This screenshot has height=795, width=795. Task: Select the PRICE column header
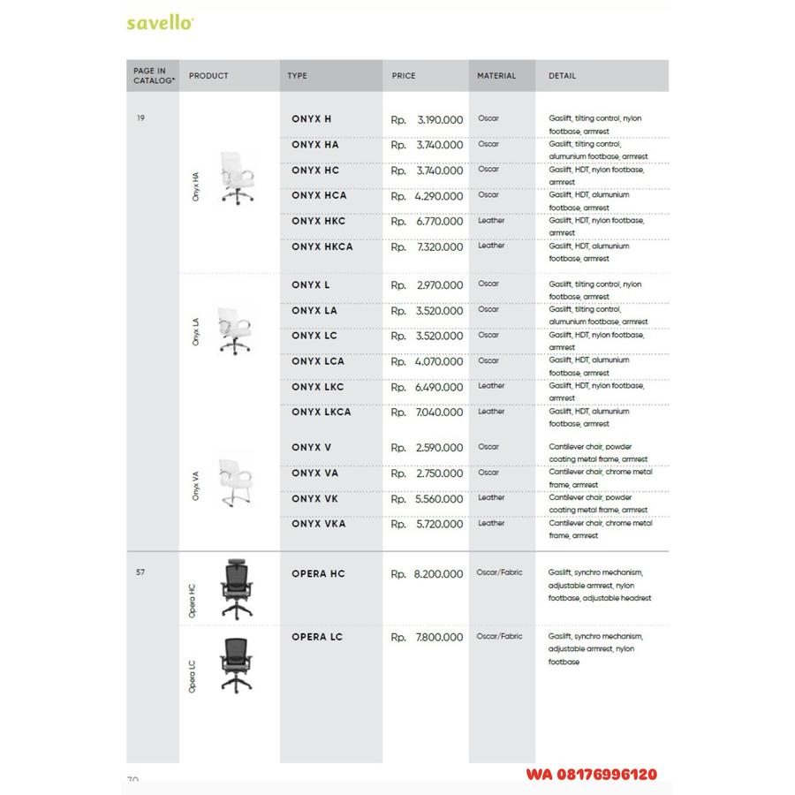(404, 76)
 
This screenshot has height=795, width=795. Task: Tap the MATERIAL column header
(496, 76)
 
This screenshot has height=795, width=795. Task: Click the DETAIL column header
(563, 76)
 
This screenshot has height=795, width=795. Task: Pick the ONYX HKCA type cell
(322, 247)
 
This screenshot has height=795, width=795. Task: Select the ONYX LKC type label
(317, 387)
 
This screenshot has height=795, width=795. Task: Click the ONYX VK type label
(314, 498)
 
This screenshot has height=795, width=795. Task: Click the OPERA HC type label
(318, 574)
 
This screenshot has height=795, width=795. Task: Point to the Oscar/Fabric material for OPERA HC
(499, 572)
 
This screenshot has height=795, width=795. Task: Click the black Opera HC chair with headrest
(236, 587)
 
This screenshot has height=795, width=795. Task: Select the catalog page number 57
(140, 572)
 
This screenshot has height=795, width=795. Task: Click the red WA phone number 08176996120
(591, 774)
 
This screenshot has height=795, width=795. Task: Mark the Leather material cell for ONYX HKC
(491, 221)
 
